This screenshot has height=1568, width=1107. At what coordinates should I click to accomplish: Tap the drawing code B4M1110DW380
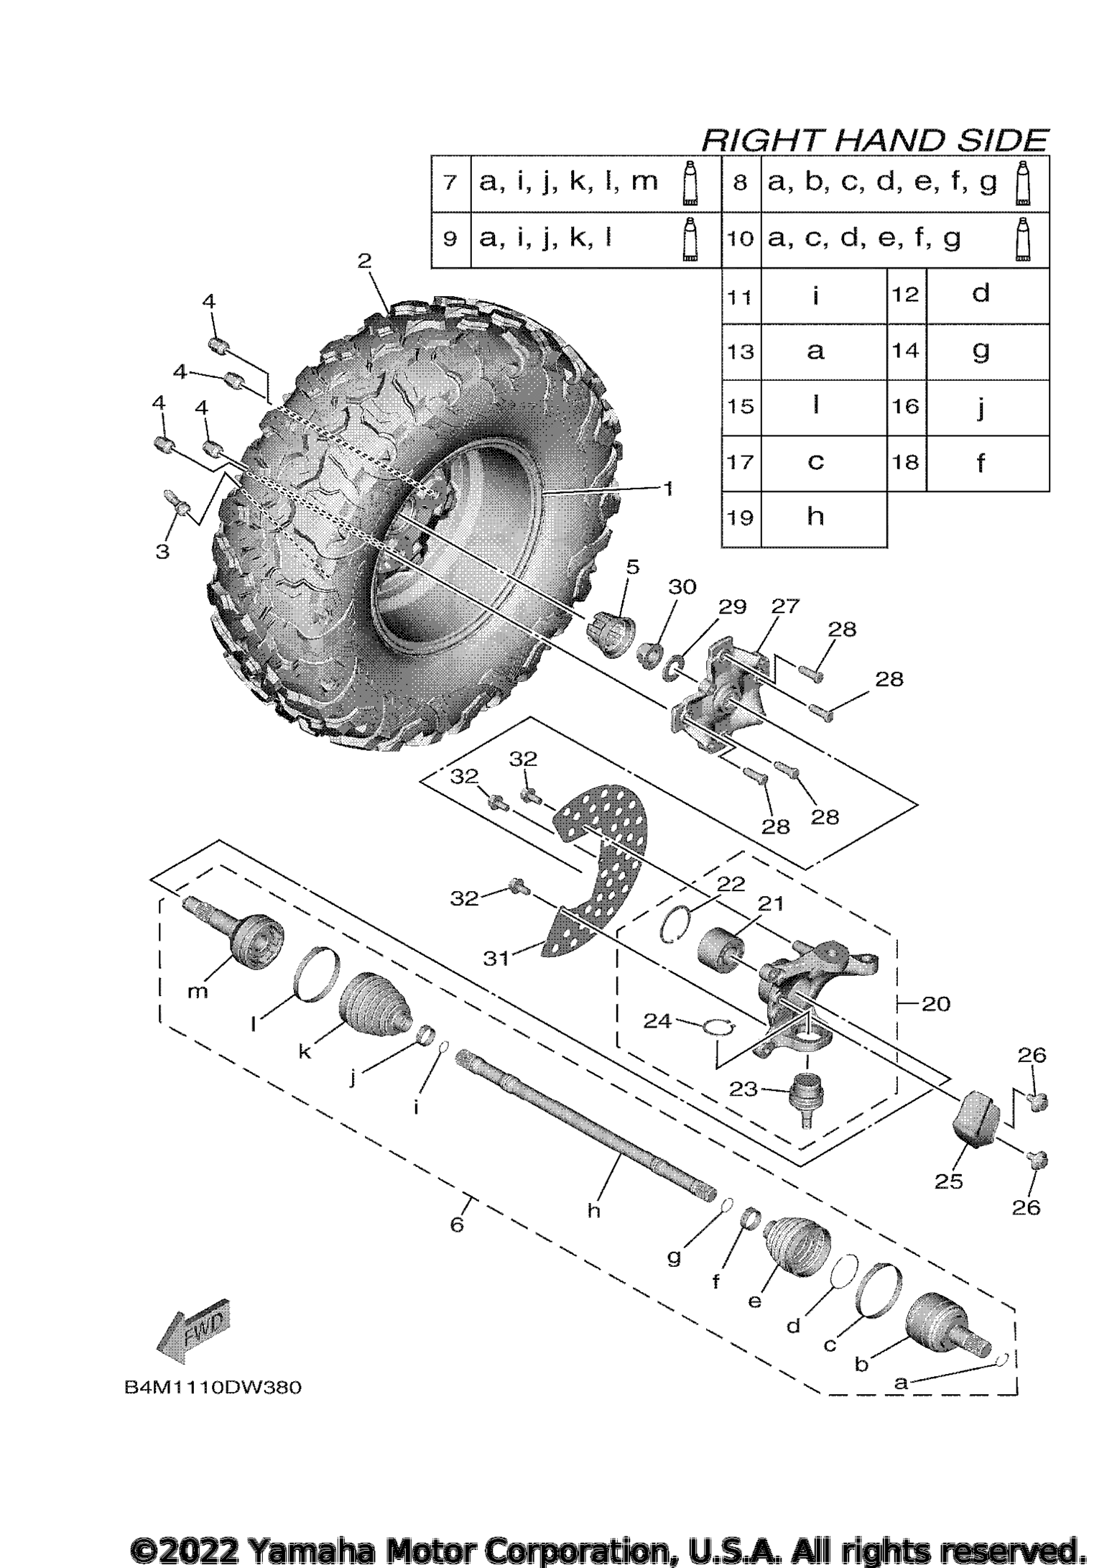point(213,1387)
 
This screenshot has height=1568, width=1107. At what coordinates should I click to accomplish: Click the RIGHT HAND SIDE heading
point(874,139)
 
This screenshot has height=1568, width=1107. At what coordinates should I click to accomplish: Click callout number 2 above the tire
point(365,260)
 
